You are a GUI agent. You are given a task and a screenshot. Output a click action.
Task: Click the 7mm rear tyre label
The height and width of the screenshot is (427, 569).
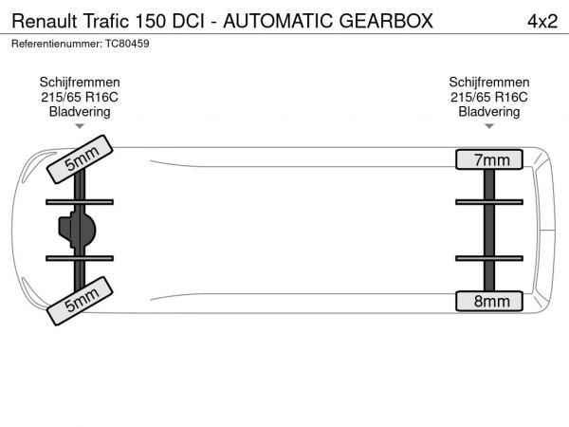pos(489,159)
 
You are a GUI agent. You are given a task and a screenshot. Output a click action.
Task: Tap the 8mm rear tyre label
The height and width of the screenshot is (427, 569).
pos(489,301)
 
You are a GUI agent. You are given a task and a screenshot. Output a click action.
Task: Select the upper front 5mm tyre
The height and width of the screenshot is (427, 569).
pos(80,159)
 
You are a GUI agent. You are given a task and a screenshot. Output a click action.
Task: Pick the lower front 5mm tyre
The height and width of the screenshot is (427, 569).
pos(80,301)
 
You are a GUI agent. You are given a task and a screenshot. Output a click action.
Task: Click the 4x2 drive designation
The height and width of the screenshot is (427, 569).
pos(542,22)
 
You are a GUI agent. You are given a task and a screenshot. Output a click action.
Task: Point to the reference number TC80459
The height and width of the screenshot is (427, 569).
pos(127,44)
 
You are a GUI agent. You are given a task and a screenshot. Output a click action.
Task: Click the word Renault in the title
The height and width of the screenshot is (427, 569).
pos(45,22)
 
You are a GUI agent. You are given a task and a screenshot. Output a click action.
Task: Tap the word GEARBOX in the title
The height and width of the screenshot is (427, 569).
pos(386,21)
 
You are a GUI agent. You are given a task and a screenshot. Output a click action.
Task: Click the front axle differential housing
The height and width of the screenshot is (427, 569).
pos(77,231)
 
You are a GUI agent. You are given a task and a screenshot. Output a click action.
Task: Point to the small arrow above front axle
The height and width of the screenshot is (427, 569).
pos(80,126)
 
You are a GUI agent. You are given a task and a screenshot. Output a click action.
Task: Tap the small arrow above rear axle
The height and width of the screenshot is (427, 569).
pos(489,126)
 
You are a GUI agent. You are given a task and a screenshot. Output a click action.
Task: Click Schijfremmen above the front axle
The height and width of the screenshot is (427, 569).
pos(80,82)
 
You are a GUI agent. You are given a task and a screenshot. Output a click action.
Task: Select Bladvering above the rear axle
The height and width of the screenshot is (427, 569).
pos(489,111)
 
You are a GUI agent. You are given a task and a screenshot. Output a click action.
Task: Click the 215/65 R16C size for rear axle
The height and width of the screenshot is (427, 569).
pos(489,97)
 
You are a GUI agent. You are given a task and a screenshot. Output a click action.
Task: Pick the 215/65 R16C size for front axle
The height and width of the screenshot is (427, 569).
pos(80,97)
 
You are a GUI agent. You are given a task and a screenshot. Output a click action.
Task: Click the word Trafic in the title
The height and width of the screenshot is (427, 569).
pos(106,21)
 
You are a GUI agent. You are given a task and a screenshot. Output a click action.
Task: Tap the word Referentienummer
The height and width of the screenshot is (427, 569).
pos(57,44)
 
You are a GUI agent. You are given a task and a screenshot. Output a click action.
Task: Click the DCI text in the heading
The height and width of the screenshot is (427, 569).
pos(189,22)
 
